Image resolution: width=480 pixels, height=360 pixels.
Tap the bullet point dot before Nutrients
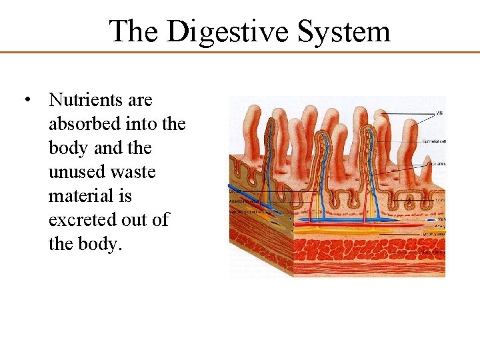(27, 101)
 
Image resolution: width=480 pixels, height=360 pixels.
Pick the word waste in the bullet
(133, 172)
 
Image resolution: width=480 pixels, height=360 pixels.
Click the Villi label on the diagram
(439, 114)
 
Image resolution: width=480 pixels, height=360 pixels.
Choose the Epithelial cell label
(434, 141)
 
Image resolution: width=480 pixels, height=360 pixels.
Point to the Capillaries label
(436, 163)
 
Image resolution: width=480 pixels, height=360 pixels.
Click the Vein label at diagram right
(440, 218)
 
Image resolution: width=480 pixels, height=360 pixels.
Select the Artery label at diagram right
(440, 226)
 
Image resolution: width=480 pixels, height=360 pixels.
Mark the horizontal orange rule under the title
(240, 52)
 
